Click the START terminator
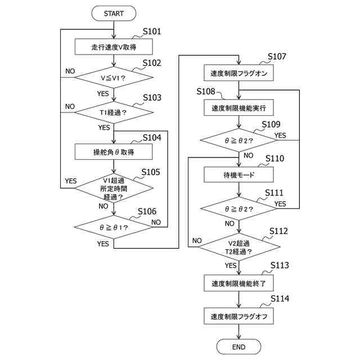pos(114,13)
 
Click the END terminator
pos(238,346)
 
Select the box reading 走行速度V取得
pos(114,47)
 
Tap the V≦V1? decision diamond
pos(114,78)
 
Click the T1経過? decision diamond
pos(114,112)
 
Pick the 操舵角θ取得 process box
pos(114,152)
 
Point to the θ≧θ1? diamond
pos(114,227)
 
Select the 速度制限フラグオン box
pos(238,73)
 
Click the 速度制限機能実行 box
pos(238,107)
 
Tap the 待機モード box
pos(238,174)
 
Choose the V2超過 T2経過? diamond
pos(238,247)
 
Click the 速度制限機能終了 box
pos(238,283)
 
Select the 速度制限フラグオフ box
pos(238,316)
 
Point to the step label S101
pos(152,31)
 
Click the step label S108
pos(206,91)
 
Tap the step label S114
pos(280,299)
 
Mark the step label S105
pos(151,172)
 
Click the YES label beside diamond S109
pos(280,136)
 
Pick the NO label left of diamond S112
pos(197,240)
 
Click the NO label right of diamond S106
pos(156,222)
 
